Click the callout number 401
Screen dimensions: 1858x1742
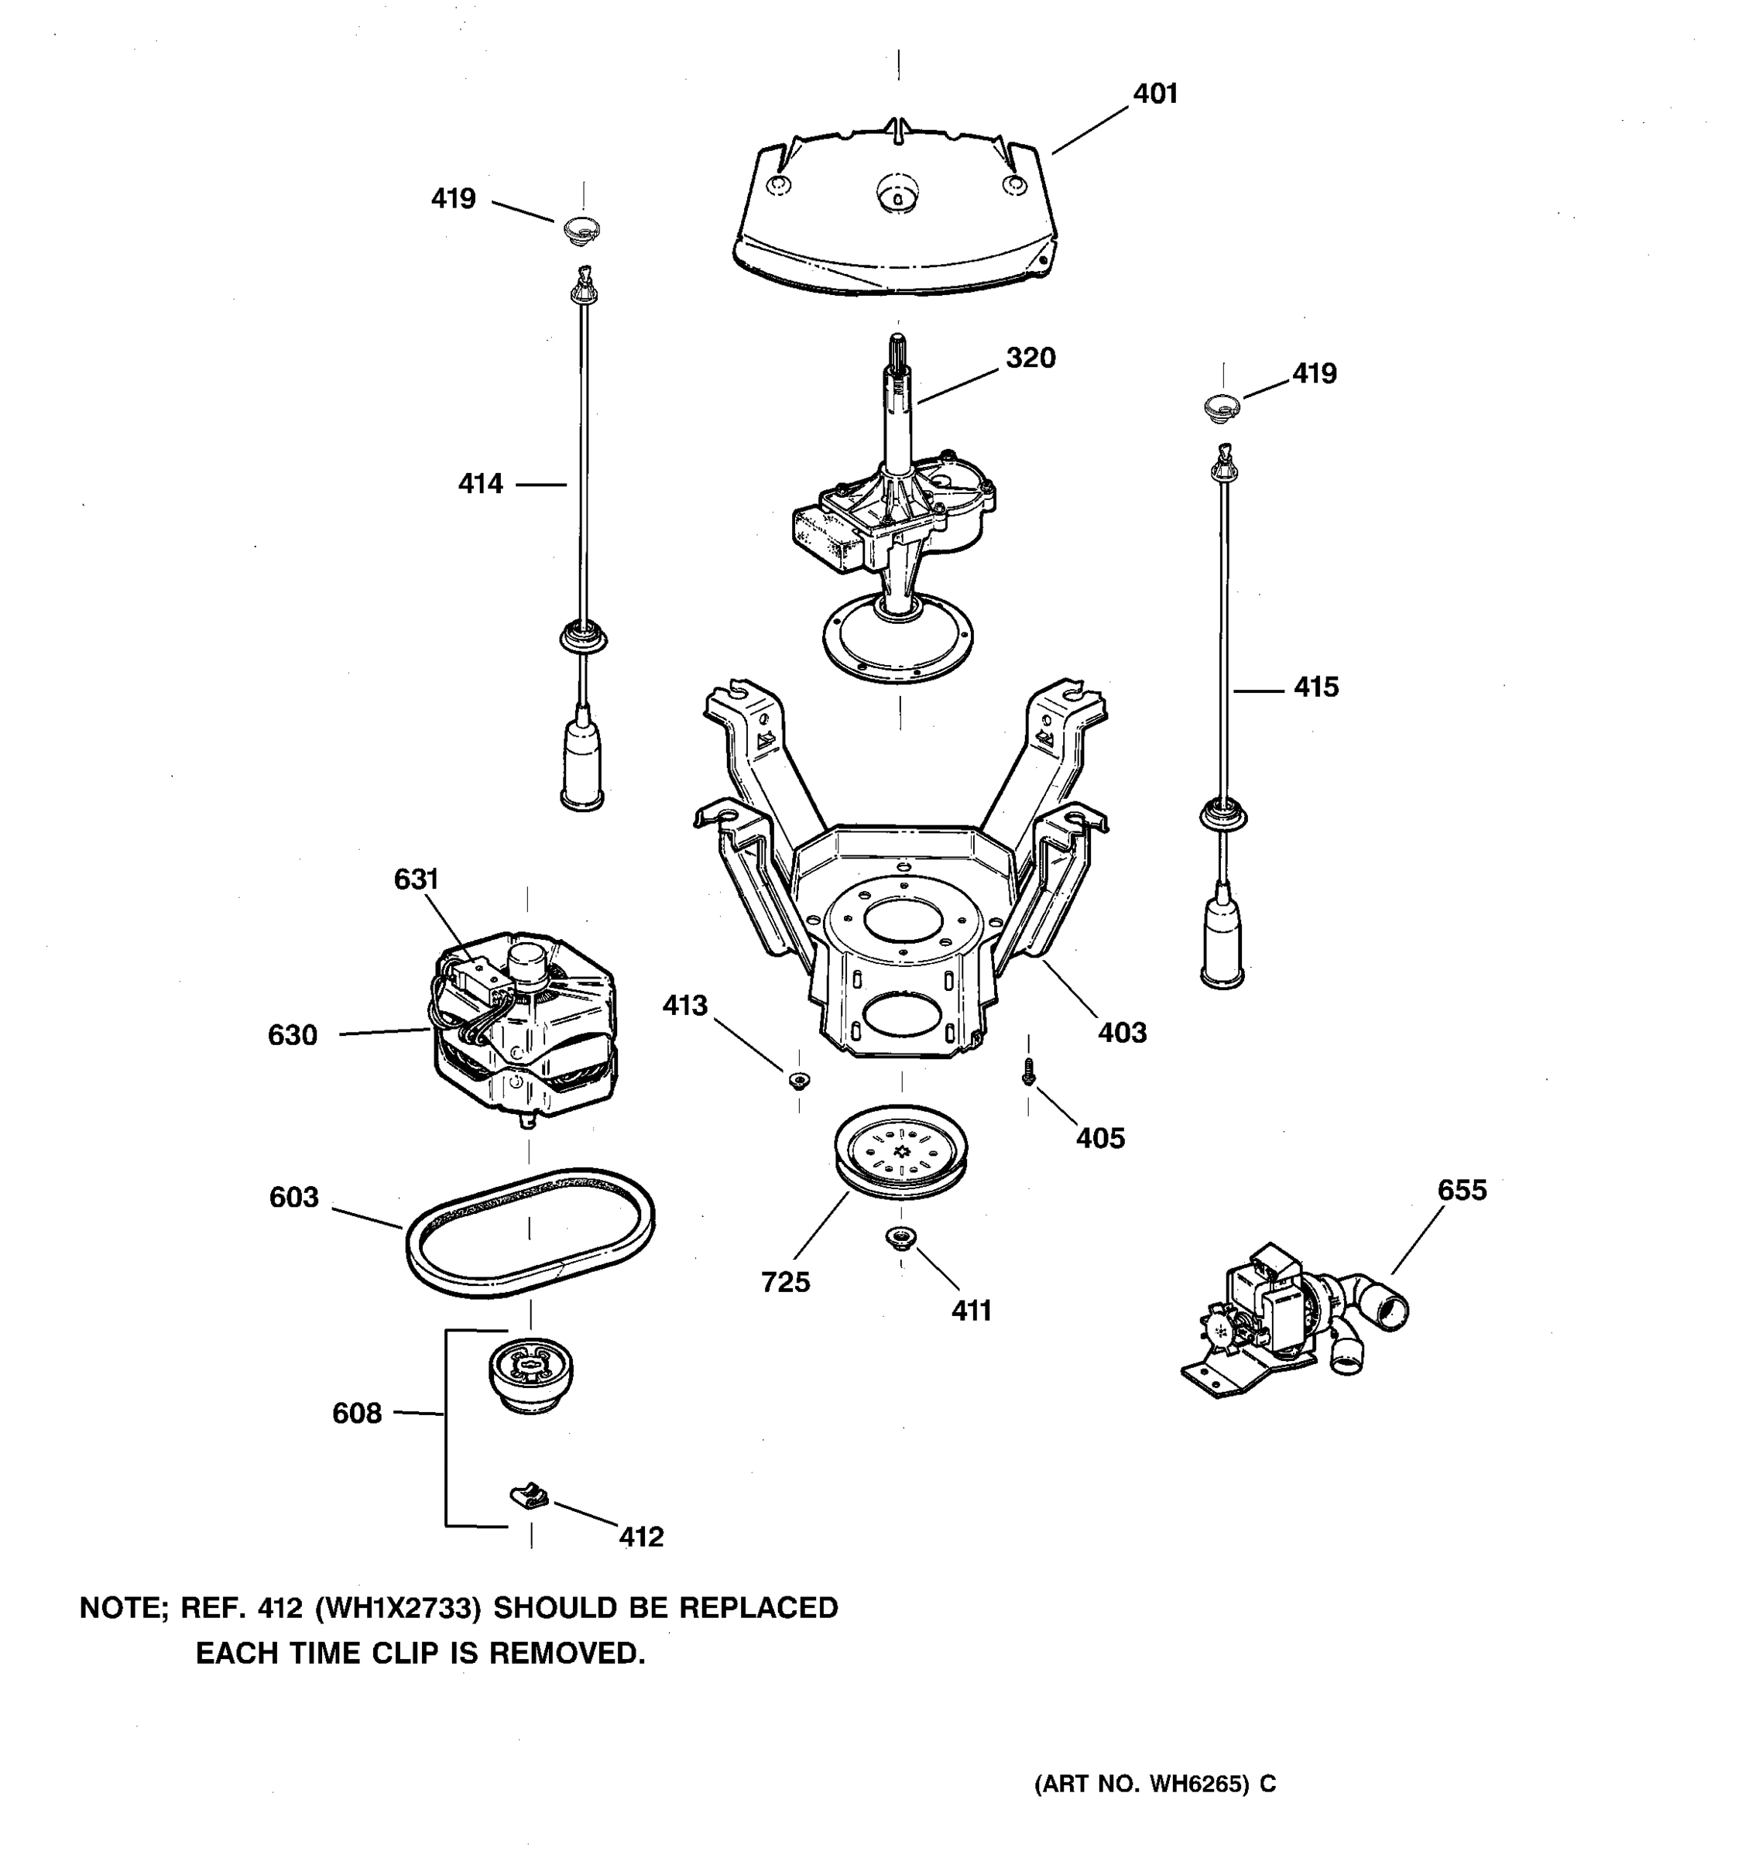(x=1155, y=94)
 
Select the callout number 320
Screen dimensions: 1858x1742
(x=1030, y=358)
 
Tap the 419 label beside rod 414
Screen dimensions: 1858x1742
(x=453, y=199)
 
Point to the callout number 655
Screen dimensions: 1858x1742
(x=1462, y=1190)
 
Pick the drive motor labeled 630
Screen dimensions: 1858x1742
(x=523, y=1028)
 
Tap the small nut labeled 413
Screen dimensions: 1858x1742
(x=799, y=1082)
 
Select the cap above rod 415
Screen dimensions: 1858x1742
(x=1222, y=407)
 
